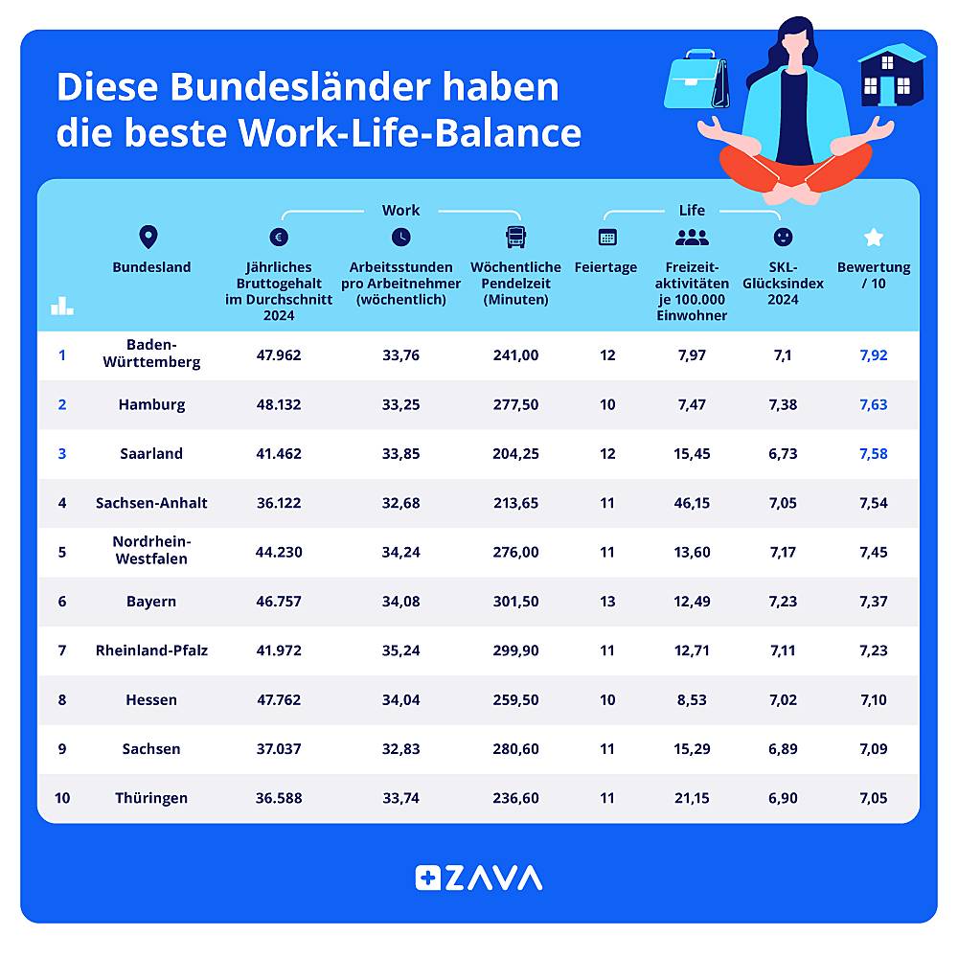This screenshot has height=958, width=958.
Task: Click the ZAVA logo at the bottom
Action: pyautogui.click(x=479, y=878)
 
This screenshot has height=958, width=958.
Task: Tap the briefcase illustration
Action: pyautogui.click(x=696, y=82)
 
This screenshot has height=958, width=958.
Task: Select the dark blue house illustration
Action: pyautogui.click(x=891, y=76)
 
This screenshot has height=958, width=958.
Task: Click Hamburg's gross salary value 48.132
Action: pyautogui.click(x=278, y=404)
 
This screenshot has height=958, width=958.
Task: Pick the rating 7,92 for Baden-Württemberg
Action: pyautogui.click(x=874, y=355)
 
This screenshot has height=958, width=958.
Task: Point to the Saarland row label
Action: pyautogui.click(x=151, y=454)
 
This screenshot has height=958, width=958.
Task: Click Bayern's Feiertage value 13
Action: pyautogui.click(x=607, y=602)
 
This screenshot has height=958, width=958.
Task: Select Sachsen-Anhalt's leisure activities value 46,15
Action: pyautogui.click(x=692, y=503)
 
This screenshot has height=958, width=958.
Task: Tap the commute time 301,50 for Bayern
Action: pyautogui.click(x=515, y=602)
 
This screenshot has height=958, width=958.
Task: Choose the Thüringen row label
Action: pyautogui.click(x=151, y=798)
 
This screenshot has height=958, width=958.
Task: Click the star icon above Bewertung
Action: pyautogui.click(x=873, y=237)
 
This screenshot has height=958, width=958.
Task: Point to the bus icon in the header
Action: pyautogui.click(x=515, y=237)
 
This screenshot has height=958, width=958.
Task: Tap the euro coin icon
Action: pyautogui.click(x=279, y=238)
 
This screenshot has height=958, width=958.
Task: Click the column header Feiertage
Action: pyautogui.click(x=605, y=268)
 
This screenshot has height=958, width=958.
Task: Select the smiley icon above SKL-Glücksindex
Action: pyautogui.click(x=783, y=237)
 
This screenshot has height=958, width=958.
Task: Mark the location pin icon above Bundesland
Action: pyautogui.click(x=148, y=237)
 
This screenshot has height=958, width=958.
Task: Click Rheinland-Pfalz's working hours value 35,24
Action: pyautogui.click(x=400, y=650)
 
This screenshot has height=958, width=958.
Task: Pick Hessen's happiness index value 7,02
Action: pyautogui.click(x=783, y=700)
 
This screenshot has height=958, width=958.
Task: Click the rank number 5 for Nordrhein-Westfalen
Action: pyautogui.click(x=62, y=552)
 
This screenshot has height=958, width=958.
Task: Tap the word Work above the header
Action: pyautogui.click(x=400, y=211)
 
